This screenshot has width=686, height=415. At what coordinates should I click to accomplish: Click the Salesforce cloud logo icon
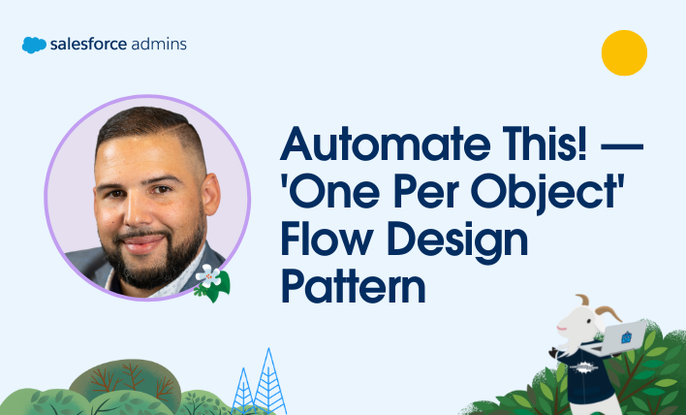[x=34, y=45]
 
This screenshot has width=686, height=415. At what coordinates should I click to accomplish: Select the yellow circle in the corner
[x=624, y=52]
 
